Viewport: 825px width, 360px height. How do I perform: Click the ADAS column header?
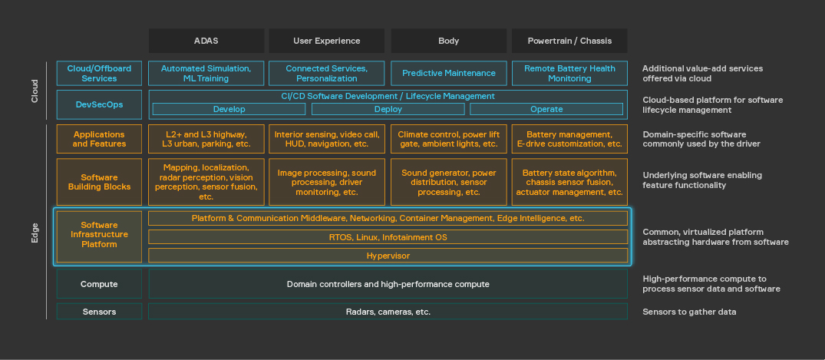click(206, 41)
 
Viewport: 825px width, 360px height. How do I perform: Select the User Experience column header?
click(326, 41)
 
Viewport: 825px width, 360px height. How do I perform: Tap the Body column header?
click(448, 41)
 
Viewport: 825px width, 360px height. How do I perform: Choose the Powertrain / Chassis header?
click(569, 41)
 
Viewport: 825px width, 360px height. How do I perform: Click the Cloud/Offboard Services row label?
click(99, 73)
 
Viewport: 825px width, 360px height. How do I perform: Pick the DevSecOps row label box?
click(99, 104)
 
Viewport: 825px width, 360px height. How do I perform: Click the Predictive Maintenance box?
click(448, 73)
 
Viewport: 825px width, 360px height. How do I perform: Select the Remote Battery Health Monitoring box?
click(569, 73)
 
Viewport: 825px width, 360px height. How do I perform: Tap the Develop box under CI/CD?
click(229, 109)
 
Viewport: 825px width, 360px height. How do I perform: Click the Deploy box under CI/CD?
click(388, 109)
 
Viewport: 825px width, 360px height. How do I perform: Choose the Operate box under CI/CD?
click(546, 109)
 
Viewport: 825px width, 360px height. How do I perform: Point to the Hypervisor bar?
click(388, 256)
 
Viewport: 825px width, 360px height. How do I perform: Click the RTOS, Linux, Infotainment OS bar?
click(388, 237)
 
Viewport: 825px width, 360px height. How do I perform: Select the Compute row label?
click(99, 284)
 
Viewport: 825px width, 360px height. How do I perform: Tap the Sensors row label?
click(99, 312)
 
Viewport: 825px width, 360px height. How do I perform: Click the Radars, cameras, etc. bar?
click(388, 312)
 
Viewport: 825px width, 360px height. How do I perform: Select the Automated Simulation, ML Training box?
click(206, 73)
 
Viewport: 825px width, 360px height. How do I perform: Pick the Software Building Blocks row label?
click(99, 182)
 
